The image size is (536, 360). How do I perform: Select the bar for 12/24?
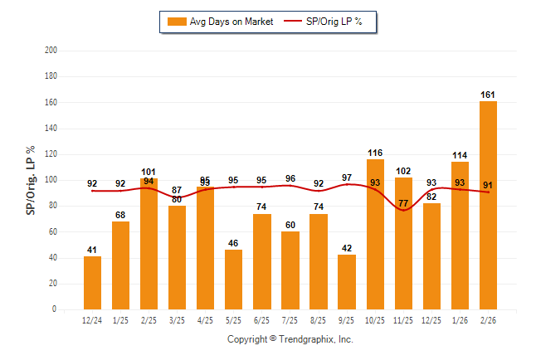click(93, 283)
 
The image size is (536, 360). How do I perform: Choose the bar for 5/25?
click(234, 280)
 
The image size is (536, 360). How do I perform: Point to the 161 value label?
click(488, 95)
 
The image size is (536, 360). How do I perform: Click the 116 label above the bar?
click(375, 153)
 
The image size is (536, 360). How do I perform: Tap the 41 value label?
click(93, 250)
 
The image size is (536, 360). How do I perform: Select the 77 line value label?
click(403, 203)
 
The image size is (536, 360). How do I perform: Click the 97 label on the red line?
click(347, 178)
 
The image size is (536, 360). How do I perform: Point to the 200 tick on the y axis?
click(51, 51)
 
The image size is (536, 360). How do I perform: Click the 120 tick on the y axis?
click(51, 154)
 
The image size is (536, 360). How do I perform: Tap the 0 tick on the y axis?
click(54, 309)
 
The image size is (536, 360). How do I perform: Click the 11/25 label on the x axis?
click(403, 320)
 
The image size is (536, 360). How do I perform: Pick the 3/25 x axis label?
click(178, 320)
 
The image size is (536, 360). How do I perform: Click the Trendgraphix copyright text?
click(290, 339)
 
